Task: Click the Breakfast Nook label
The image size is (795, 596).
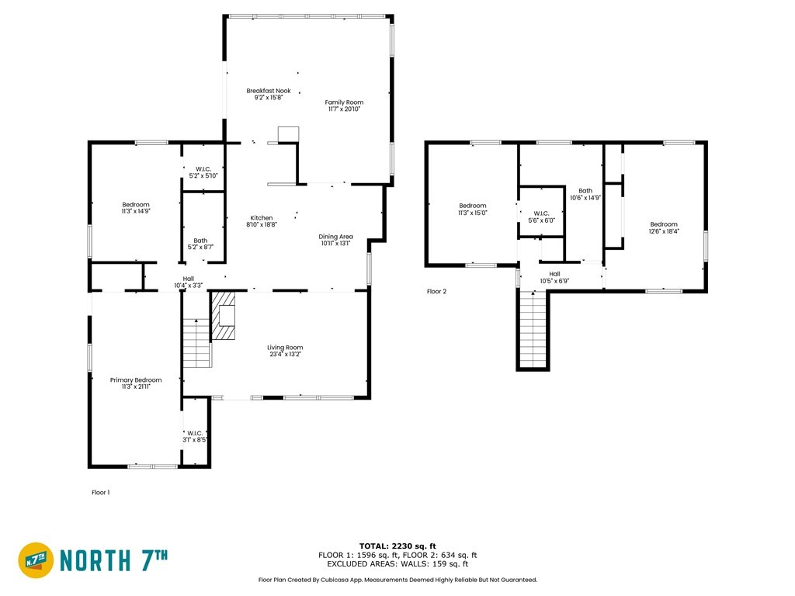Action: coord(269,94)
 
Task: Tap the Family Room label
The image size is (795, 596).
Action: coord(344,106)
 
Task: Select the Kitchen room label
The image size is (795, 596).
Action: coord(262,221)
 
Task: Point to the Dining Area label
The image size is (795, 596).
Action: coord(335,240)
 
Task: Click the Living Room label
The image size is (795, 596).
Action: coord(285,351)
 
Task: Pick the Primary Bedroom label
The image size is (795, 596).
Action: coord(136,383)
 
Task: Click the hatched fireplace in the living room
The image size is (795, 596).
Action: coord(224,315)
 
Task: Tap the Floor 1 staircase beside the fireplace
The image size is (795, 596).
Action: coord(196,343)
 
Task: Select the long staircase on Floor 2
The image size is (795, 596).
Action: coord(533,329)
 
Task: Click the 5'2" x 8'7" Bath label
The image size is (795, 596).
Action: coord(200,244)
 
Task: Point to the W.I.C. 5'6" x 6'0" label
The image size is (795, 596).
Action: coord(541,217)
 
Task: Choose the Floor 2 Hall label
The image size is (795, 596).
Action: coord(554,277)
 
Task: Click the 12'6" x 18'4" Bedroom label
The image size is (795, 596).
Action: coord(664,227)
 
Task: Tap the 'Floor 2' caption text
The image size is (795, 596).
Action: coord(436,292)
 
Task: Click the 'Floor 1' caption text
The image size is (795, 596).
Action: coord(100,492)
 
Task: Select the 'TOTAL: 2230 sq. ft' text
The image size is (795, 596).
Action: coord(397,546)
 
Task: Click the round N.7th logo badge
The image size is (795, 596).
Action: coord(36,560)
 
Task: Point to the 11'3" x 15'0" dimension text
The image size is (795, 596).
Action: coord(473,213)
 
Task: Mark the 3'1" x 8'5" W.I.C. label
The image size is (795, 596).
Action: coord(195,436)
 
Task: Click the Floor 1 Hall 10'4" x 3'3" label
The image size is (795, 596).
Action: coord(189,282)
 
